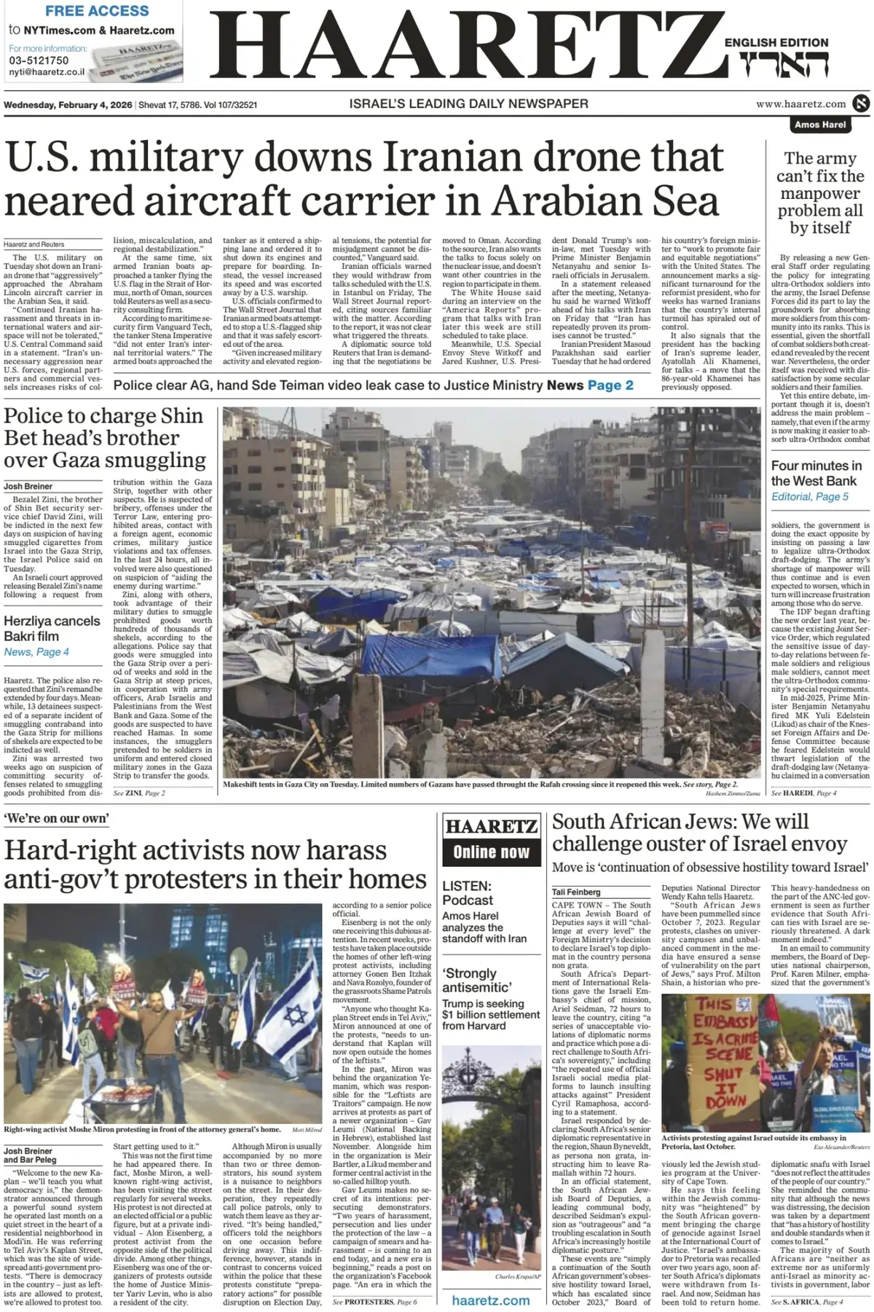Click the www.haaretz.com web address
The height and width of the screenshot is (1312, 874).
tap(800, 104)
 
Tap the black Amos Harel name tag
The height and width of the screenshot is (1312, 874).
tap(820, 125)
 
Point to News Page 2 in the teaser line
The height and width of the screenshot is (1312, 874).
tap(590, 385)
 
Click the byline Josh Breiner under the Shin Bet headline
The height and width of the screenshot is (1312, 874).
tap(28, 486)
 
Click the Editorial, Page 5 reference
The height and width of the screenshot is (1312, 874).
tap(809, 496)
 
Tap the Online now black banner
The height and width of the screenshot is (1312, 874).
tap(491, 852)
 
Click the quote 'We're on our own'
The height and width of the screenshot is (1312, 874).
tap(56, 818)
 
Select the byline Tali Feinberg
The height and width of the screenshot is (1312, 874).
tap(576, 892)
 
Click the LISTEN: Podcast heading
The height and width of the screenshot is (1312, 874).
tap(468, 893)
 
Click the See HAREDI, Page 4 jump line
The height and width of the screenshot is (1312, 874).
tap(803, 793)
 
